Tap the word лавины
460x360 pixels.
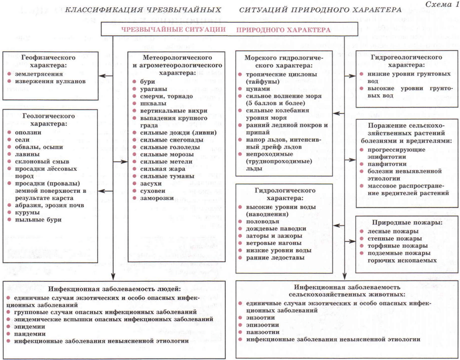pyautogui.click(x=25, y=154)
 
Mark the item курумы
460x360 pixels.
pyautogui.click(x=25, y=212)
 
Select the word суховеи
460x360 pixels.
pyautogui.click(x=153, y=191)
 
